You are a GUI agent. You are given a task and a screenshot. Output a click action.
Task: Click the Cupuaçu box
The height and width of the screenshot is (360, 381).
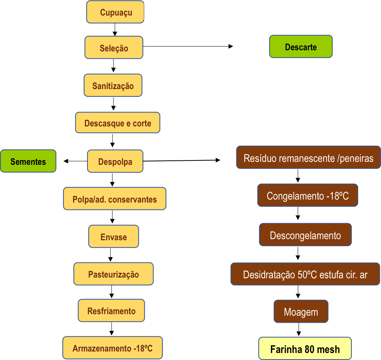[115, 12]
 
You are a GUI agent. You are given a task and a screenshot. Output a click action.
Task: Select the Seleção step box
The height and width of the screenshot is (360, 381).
[114, 48]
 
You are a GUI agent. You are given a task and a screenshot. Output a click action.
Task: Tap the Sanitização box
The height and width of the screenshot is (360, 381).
[113, 86]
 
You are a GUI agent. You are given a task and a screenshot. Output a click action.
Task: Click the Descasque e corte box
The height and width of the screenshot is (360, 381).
[118, 123]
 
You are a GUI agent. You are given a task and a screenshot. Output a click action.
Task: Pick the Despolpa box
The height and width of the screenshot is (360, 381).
[115, 162]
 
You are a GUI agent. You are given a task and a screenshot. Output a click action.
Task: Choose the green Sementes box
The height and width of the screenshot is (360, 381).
[28, 161]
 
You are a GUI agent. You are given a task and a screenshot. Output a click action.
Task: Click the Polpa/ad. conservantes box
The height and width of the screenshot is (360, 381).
[114, 199]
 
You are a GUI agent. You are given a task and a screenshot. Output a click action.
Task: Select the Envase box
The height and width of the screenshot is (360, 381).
[114, 237]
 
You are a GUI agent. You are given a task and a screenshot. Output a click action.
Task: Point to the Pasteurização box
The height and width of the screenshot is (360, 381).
[113, 274]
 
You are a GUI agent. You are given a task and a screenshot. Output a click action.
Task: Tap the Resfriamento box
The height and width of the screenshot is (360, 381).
[111, 311]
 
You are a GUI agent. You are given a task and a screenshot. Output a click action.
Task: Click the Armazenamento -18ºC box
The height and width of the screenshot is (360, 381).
[112, 348]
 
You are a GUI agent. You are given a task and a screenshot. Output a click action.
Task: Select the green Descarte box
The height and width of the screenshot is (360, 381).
[301, 47]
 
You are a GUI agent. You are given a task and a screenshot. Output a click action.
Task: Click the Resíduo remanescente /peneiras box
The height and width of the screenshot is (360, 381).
[308, 158]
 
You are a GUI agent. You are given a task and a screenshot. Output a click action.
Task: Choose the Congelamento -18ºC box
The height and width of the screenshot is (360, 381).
[308, 196]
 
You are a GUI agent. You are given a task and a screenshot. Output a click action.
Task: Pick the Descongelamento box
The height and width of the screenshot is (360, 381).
[305, 235]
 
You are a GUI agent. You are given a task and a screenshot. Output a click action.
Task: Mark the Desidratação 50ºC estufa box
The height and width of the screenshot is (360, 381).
[305, 275]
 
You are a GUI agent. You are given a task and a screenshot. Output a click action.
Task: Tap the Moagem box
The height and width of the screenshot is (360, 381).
[301, 312]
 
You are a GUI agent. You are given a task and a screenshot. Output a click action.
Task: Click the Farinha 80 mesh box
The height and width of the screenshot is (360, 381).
[305, 349]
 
